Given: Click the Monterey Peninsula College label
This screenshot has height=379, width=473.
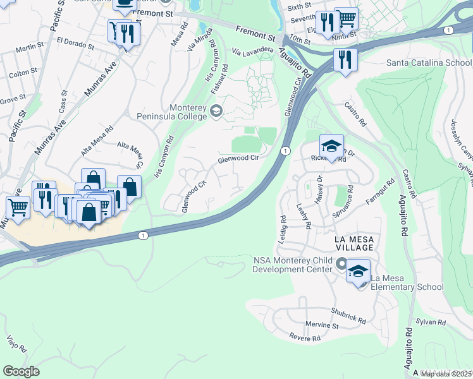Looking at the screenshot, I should [x=173, y=112].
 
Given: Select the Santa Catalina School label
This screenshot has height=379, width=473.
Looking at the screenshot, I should [x=429, y=63].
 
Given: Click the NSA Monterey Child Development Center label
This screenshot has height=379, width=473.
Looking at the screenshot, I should [x=292, y=265].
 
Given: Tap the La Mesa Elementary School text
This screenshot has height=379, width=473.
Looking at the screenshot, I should [x=407, y=282].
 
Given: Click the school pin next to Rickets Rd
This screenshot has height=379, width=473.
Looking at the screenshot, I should [x=331, y=147].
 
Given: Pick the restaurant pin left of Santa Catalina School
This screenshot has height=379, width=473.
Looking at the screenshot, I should [x=345, y=61].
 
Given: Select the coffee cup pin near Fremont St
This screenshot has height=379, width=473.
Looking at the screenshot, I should [x=124, y=4].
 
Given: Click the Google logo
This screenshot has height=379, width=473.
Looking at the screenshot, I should [x=21, y=371].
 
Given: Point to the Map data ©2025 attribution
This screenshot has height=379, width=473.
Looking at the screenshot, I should [x=446, y=374].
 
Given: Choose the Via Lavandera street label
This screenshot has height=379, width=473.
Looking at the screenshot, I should [x=252, y=49].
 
